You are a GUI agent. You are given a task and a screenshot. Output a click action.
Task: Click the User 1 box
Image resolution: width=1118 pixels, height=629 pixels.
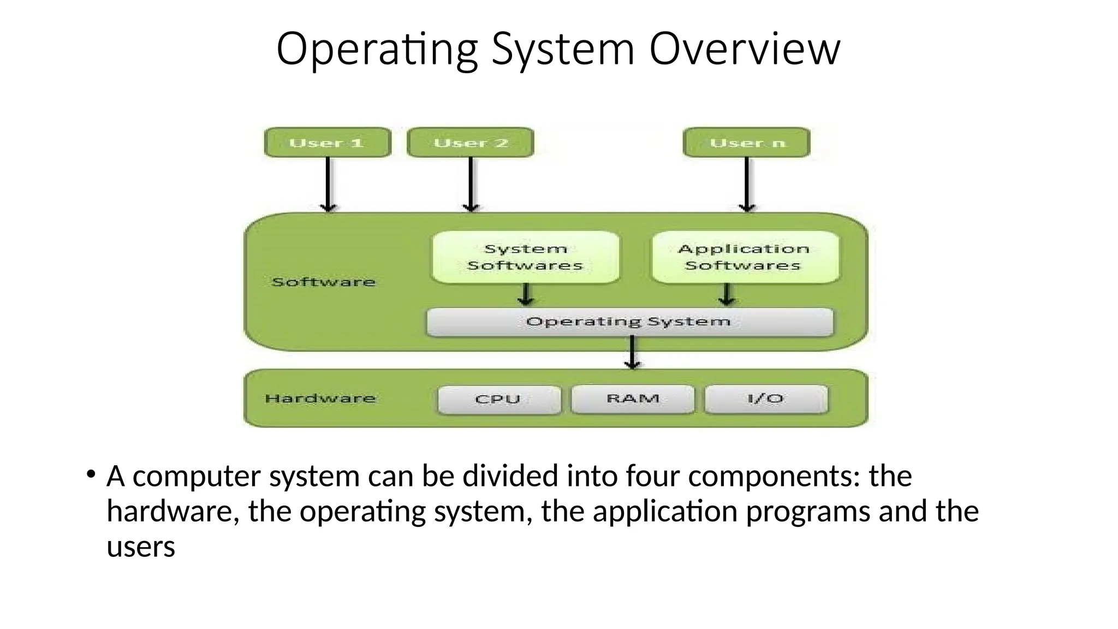click(x=328, y=143)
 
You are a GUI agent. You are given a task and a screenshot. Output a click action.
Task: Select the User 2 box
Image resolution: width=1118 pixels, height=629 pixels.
click(x=471, y=143)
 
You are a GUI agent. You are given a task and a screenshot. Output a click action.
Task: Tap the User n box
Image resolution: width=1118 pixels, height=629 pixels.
click(x=747, y=143)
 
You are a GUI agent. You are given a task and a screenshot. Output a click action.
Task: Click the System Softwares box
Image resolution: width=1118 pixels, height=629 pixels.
click(x=525, y=257)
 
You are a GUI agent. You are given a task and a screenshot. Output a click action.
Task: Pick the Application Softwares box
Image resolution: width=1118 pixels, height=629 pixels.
click(x=745, y=257)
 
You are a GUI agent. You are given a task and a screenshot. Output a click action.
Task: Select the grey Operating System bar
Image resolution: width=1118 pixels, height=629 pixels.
click(x=629, y=322)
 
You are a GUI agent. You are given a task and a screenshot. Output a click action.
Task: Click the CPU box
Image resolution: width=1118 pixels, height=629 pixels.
click(x=498, y=399)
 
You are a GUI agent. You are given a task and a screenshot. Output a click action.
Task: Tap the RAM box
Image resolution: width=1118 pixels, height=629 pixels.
click(x=633, y=399)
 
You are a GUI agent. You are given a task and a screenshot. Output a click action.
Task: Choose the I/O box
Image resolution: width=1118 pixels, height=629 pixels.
click(x=766, y=399)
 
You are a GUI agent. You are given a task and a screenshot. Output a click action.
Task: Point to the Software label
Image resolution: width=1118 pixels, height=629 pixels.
click(x=324, y=282)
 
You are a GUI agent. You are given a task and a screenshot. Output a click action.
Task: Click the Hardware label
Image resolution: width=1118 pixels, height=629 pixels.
click(x=320, y=399)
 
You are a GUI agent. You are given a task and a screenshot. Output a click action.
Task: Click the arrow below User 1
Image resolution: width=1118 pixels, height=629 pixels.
click(x=328, y=184)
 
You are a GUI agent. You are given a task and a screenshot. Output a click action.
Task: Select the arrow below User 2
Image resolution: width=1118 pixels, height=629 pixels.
click(x=471, y=184)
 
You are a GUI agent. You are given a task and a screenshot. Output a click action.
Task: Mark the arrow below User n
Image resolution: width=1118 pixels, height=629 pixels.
click(x=747, y=184)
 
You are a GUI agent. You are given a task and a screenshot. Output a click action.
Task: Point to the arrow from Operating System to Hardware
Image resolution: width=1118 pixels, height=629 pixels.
click(x=632, y=352)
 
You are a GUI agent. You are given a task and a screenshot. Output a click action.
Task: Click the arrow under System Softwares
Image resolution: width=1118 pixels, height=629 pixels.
click(x=526, y=294)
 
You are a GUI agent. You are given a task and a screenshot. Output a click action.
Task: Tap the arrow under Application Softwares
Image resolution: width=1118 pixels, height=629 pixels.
click(x=727, y=294)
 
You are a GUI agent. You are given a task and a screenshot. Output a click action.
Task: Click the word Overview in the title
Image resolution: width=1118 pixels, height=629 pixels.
click(x=745, y=49)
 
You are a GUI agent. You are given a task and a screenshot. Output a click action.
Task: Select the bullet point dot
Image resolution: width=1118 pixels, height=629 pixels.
click(x=91, y=473)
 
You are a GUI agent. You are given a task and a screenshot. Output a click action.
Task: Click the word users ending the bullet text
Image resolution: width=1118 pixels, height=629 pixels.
click(x=141, y=547)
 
